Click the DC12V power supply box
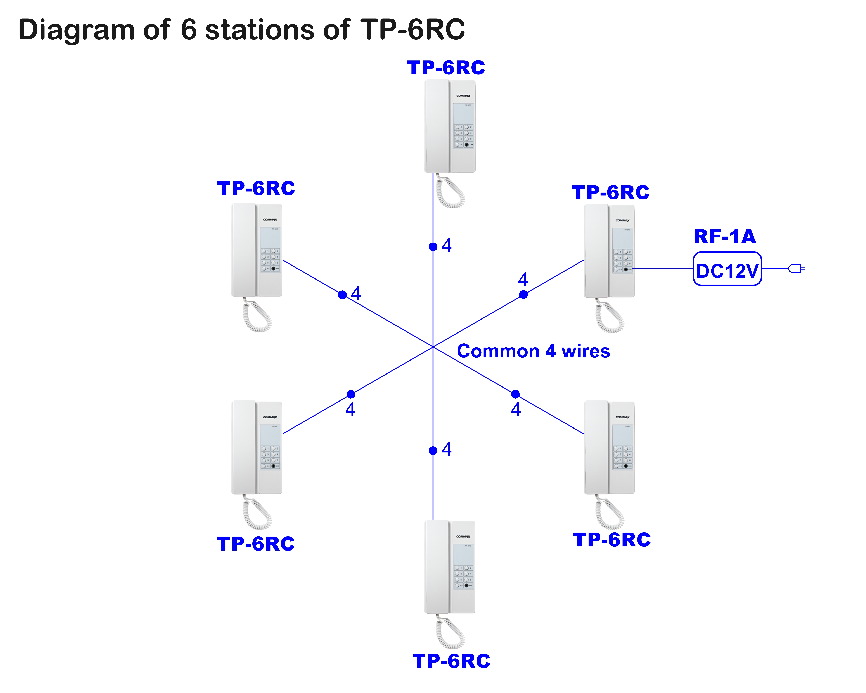click(x=727, y=269)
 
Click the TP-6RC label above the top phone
click(x=446, y=68)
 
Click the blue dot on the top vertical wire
click(x=433, y=247)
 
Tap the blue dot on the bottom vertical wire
click(x=433, y=451)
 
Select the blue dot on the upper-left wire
click(x=342, y=295)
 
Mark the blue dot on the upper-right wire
click(x=523, y=295)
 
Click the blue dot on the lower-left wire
click(x=351, y=394)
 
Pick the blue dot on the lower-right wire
click(x=515, y=394)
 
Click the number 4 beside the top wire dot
click(x=447, y=245)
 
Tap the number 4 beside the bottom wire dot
click(x=447, y=449)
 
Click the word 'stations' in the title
click(x=259, y=30)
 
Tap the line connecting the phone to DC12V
click(x=663, y=269)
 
